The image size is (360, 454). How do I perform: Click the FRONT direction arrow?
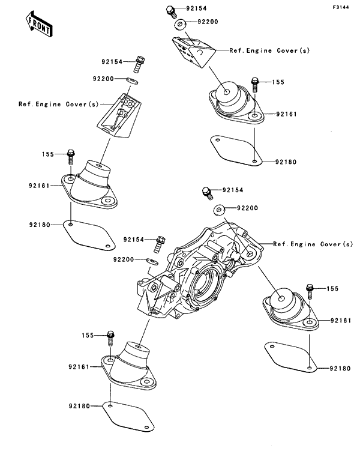37,24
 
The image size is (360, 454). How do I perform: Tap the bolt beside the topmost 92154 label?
170,10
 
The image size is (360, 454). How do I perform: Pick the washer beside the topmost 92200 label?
179,25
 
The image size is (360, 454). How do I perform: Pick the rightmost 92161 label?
340,321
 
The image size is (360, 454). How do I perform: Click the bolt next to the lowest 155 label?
111,338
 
